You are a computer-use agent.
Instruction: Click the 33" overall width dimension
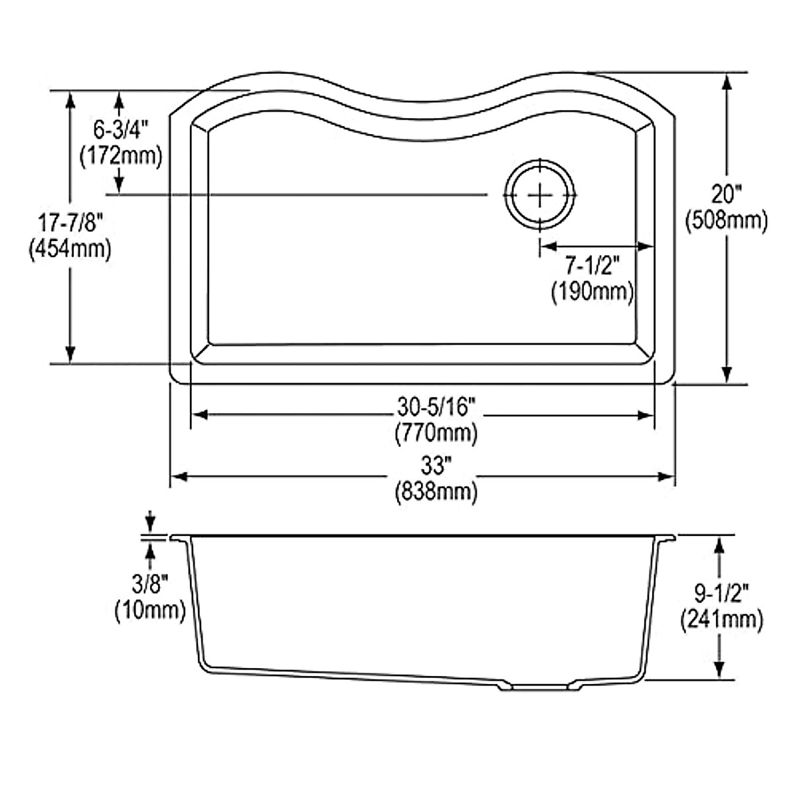tap(435, 466)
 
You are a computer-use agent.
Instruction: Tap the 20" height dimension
tap(727, 194)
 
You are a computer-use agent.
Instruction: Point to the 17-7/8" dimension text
tap(70, 224)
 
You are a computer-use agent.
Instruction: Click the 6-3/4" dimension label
tap(121, 131)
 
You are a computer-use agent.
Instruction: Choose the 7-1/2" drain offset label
tap(592, 266)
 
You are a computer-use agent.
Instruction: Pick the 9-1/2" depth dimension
tap(721, 594)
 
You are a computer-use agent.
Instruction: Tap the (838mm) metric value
tap(436, 492)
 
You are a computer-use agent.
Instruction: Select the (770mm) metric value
tap(436, 434)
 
